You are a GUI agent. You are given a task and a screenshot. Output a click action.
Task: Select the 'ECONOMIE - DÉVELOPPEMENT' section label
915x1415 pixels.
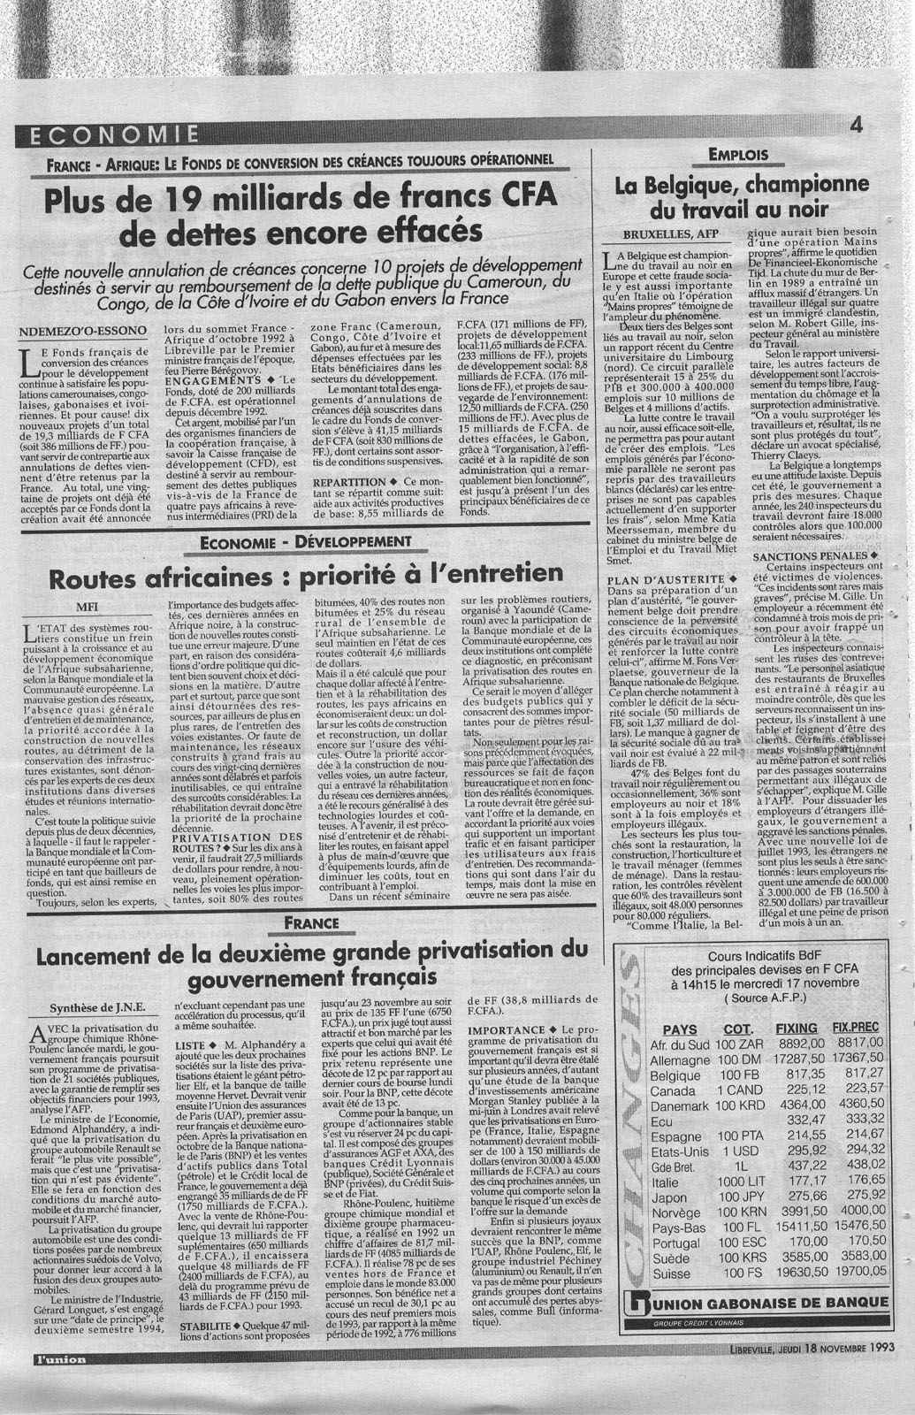coord(306,541)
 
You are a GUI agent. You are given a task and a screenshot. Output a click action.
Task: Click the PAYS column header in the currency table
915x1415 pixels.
coord(679,1029)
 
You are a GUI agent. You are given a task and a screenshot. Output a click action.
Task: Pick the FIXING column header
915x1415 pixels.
coord(796,1029)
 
